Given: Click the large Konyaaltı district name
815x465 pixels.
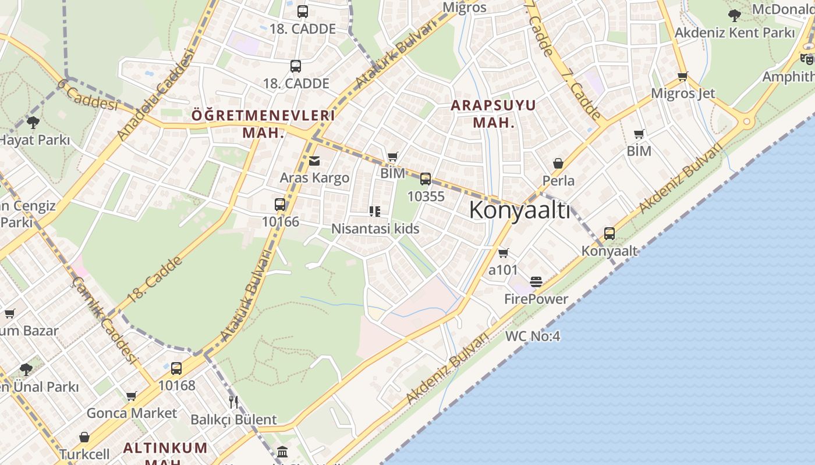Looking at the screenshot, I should pyautogui.click(x=519, y=210).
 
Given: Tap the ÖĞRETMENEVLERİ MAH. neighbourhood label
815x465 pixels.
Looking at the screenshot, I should pyautogui.click(x=263, y=123).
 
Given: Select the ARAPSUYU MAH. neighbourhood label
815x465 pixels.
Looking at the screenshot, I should pyautogui.click(x=494, y=114).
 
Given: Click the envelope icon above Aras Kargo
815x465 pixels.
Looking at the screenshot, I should pyautogui.click(x=314, y=161).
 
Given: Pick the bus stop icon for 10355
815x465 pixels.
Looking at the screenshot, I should pyautogui.click(x=426, y=179).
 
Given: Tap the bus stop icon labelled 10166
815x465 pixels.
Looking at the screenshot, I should pyautogui.click(x=280, y=205).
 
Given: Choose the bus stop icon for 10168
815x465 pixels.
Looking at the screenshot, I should pyautogui.click(x=176, y=368).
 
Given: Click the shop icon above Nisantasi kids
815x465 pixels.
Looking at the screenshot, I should pyautogui.click(x=375, y=212).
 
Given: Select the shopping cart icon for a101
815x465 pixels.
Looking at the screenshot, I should pyautogui.click(x=504, y=253).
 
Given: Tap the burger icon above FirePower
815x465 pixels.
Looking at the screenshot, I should pyautogui.click(x=536, y=282).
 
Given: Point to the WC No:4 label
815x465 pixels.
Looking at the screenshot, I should pyautogui.click(x=533, y=336).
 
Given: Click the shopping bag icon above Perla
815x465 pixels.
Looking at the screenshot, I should pyautogui.click(x=558, y=164).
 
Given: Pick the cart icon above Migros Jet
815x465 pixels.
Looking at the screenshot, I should pyautogui.click(x=683, y=76).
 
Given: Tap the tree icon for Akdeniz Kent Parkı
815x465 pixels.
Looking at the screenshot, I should pyautogui.click(x=735, y=16).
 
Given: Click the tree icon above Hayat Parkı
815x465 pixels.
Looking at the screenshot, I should pyautogui.click(x=33, y=123).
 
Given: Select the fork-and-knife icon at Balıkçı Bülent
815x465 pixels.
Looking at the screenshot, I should pyautogui.click(x=233, y=402).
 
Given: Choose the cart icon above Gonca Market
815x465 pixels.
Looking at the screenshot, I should pyautogui.click(x=132, y=396).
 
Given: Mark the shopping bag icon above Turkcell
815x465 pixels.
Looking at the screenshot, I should pyautogui.click(x=84, y=437).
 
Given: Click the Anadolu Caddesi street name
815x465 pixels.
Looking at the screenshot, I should pyautogui.click(x=155, y=95).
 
